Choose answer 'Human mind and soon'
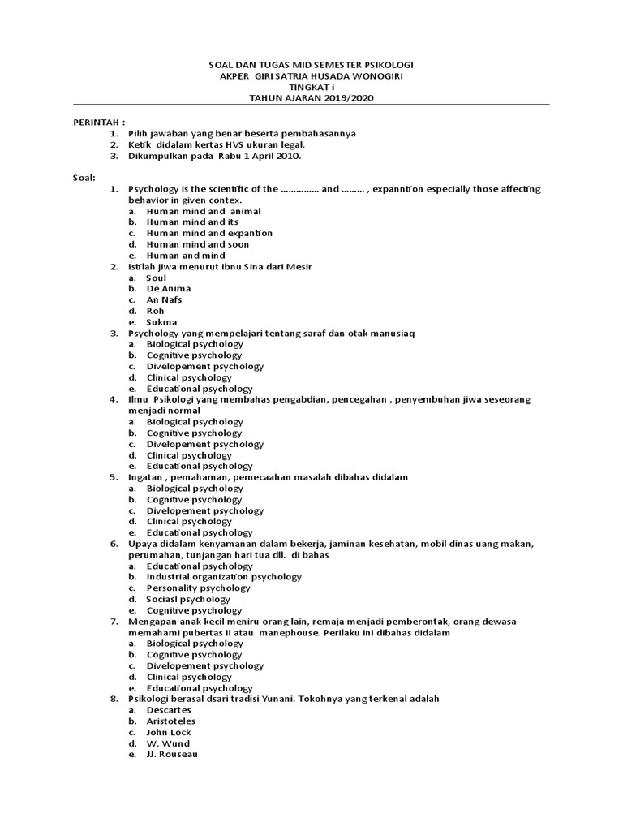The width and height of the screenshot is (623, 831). pos(197,244)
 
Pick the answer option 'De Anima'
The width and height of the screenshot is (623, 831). pos(168,289)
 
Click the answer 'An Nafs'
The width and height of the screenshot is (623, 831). pos(164,299)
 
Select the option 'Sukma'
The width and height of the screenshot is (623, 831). pos(161,322)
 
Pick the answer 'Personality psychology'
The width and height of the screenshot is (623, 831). pos(198,588)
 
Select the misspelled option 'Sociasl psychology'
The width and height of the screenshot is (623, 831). pos(188,600)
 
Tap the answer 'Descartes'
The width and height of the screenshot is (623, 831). pos(169,710)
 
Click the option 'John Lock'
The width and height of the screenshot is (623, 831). pos(169,733)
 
